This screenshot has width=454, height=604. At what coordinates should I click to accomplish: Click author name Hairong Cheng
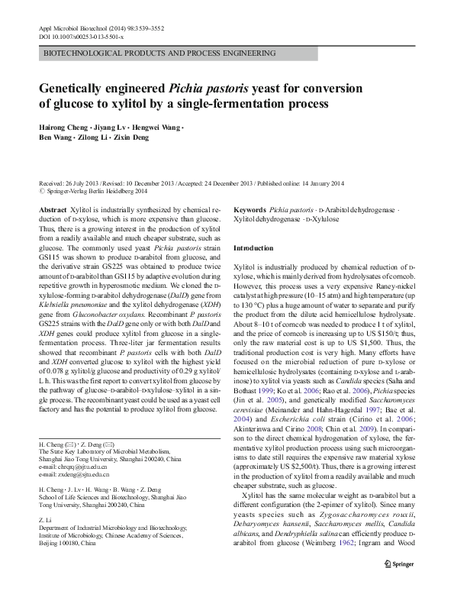click(64, 128)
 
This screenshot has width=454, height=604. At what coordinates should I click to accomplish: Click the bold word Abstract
click(52, 209)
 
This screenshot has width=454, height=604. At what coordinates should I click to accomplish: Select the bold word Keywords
click(250, 209)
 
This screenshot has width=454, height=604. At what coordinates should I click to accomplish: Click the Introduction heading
click(253, 249)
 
